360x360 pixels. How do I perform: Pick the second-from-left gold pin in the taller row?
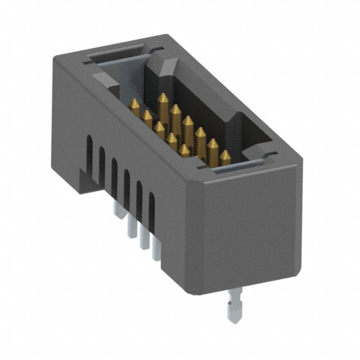(x=175, y=110)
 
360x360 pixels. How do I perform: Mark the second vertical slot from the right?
(x=139, y=195)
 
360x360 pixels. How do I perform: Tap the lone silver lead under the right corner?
(x=232, y=307)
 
